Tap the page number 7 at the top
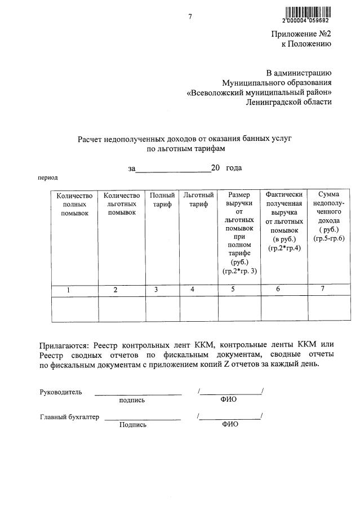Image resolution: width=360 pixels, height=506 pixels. [x=190, y=17]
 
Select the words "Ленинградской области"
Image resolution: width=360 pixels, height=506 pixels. [x=289, y=102]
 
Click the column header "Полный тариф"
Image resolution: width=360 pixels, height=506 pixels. [x=162, y=199]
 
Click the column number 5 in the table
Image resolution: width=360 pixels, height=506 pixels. [x=233, y=290]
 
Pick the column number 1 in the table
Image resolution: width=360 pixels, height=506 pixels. [x=68, y=290]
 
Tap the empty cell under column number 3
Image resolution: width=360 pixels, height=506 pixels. [x=162, y=309]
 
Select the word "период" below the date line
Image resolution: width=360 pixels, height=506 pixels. [x=48, y=177]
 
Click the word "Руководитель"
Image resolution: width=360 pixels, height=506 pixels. [x=61, y=392]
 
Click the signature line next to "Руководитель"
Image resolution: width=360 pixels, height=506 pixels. [x=138, y=393]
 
